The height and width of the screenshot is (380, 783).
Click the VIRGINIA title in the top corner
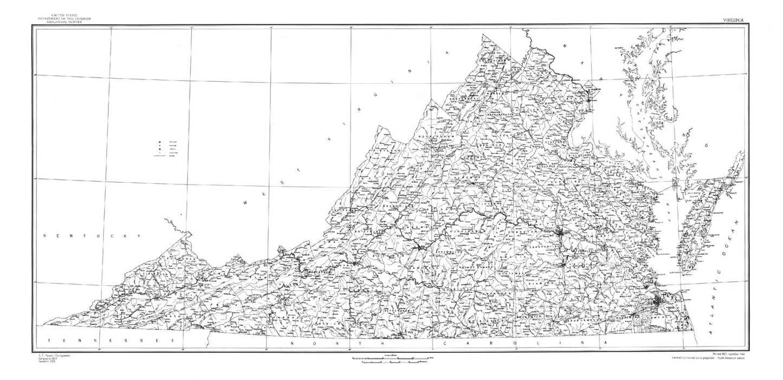[x=733, y=20]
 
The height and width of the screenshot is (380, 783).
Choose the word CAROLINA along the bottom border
[x=523, y=344]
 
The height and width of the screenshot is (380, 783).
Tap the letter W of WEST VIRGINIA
[x=246, y=203]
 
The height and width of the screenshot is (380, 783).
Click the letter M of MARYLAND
[x=565, y=46]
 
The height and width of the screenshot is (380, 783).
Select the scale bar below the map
[x=391, y=359]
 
